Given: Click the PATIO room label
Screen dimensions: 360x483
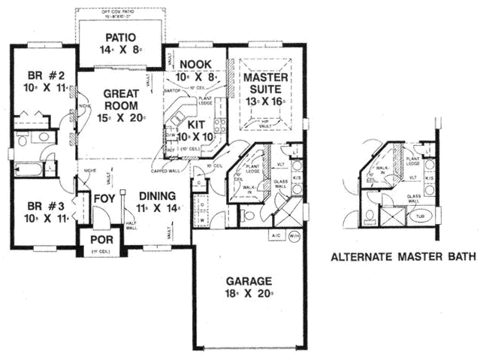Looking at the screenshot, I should pos(120,37).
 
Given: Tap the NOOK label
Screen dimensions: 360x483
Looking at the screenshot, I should pos(195,64).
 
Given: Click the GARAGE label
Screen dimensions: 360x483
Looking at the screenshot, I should pos(251,283).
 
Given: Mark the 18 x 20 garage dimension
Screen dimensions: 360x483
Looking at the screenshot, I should pos(251,295).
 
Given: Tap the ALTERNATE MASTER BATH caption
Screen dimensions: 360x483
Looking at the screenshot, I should pos(403,257).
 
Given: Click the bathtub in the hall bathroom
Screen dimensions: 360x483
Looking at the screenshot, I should pos(29,167).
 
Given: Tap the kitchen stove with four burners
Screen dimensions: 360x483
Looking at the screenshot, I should pos(219,124).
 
